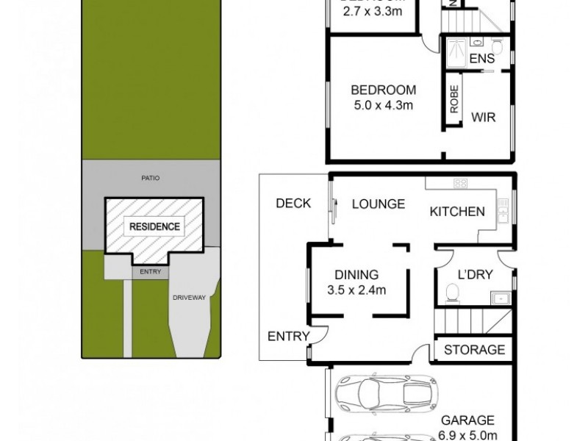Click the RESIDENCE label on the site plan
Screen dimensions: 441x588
154,226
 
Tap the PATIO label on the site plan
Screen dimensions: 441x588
151,178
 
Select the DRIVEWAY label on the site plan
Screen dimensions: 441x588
188,298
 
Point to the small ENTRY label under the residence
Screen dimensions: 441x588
150,271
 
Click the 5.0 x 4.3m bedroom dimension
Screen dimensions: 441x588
383,105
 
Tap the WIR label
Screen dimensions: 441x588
483,116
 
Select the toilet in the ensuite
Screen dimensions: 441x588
498,48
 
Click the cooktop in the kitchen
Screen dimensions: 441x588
462,183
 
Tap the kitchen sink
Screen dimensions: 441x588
502,212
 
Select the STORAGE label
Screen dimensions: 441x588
475,350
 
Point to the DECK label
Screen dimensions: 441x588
293,204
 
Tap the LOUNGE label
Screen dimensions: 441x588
377,204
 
